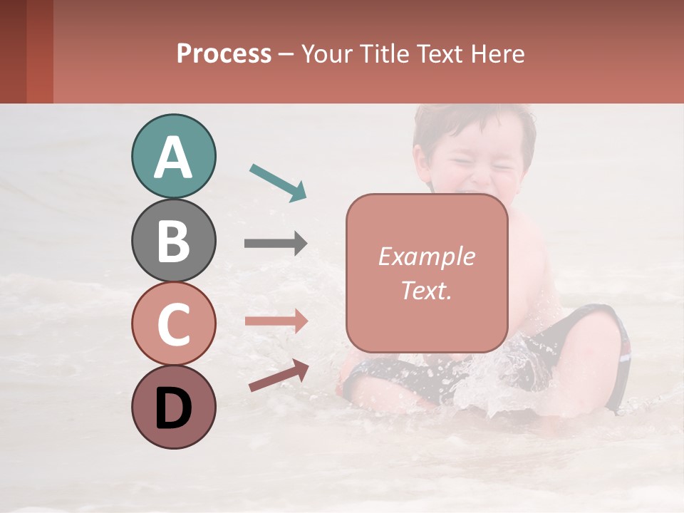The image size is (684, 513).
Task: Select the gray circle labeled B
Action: click(x=173, y=241)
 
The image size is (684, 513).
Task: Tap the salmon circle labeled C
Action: click(x=173, y=323)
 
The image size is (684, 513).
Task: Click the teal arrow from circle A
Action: click(x=278, y=181)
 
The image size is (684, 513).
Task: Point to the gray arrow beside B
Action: click(x=276, y=244)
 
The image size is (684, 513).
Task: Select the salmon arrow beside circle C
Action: click(x=276, y=321)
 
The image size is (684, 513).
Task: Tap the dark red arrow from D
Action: click(x=279, y=375)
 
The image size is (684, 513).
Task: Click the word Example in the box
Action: click(x=426, y=256)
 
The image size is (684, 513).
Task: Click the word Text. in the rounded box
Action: click(x=426, y=291)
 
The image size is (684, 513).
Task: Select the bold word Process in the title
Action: click(x=224, y=53)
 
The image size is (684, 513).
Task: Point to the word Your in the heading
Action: click(x=326, y=53)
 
